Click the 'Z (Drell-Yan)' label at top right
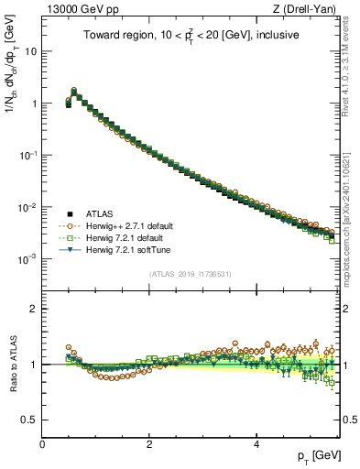click(309, 9)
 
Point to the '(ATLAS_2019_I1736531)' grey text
click(191, 274)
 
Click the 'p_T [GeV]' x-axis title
click(319, 455)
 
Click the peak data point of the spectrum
click(74, 92)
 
